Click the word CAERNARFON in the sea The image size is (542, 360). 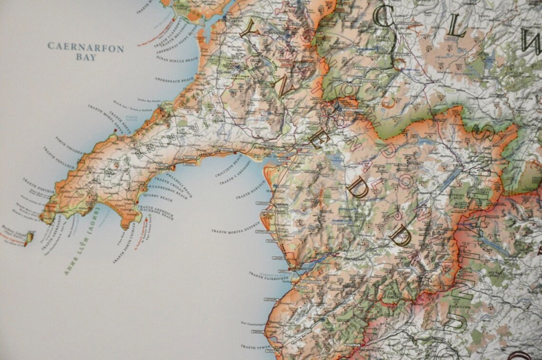tap(86, 48)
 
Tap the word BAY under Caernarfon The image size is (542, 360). tap(85, 58)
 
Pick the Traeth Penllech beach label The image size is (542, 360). tap(59, 157)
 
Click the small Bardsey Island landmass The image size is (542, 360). tap(30, 236)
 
